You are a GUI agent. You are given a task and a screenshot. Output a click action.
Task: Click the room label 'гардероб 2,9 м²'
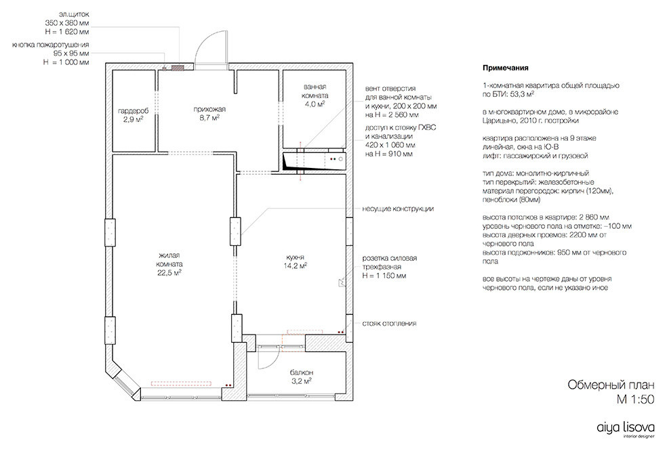(x=133, y=115)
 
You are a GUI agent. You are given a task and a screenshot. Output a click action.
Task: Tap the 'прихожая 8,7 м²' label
(x=209, y=114)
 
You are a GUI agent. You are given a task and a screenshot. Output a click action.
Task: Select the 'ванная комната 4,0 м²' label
(x=315, y=95)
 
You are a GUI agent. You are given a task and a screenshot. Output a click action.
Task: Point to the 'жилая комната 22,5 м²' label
(x=169, y=264)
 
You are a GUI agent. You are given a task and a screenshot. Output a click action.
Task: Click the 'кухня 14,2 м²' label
(x=296, y=261)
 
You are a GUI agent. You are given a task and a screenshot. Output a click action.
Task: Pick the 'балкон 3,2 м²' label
(x=302, y=377)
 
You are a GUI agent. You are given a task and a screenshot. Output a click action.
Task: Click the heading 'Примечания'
(x=506, y=68)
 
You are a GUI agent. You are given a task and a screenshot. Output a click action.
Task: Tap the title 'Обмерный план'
(x=611, y=385)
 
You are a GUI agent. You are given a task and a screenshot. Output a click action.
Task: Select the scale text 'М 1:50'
(x=635, y=400)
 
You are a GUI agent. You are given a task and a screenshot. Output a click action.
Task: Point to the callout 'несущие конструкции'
(x=398, y=209)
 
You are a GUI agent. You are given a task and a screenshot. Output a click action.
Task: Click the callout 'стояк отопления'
(x=389, y=324)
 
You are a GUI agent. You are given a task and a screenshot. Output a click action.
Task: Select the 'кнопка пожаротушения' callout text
(x=51, y=45)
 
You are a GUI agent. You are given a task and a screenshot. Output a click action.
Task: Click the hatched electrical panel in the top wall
(x=178, y=67)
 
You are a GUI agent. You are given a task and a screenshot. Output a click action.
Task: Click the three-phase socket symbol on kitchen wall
(x=342, y=282)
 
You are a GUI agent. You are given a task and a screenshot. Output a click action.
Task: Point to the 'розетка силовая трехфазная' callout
(x=389, y=267)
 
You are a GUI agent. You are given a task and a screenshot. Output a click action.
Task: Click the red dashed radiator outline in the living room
(x=181, y=383)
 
